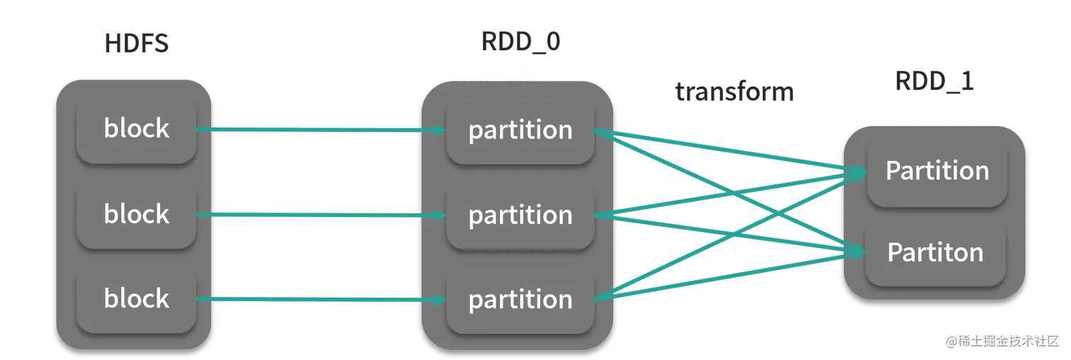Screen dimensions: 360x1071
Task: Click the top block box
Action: coord(136,128)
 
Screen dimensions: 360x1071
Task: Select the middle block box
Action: coord(136,214)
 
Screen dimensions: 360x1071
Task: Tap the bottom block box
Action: coord(136,298)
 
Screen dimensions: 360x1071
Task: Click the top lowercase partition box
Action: coord(520,130)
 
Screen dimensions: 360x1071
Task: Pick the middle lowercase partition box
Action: coord(520,215)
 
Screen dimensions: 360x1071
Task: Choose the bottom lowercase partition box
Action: coord(520,299)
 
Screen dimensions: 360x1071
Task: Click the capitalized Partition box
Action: coord(936,171)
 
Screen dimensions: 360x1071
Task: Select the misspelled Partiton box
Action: coord(935,252)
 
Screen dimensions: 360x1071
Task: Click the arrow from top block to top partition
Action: coord(319,130)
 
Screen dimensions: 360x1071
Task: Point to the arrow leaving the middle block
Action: coord(319,215)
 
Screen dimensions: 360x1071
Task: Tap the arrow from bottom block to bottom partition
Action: coord(319,300)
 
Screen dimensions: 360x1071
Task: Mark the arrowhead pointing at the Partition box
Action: coord(858,171)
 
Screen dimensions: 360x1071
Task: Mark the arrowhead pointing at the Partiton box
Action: coord(858,251)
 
